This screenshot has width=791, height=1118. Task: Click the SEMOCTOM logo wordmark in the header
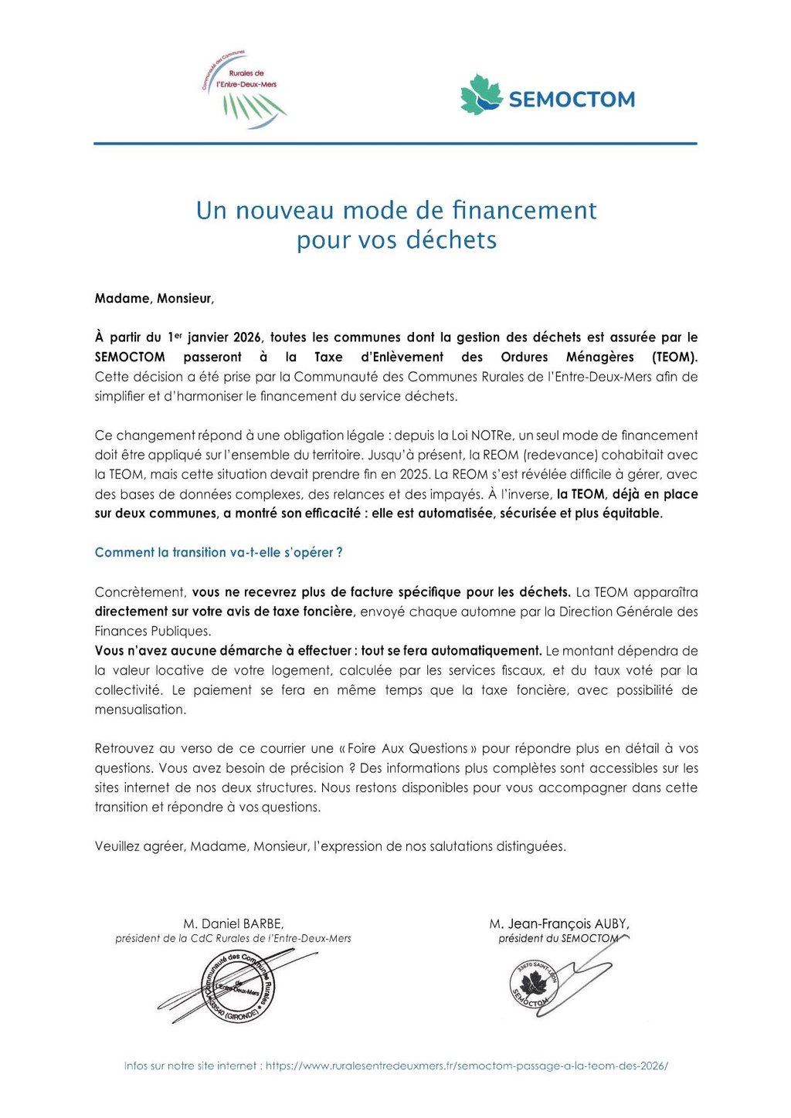click(x=572, y=100)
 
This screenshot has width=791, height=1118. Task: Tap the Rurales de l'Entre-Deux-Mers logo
click(x=244, y=90)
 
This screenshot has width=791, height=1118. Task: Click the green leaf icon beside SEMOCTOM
click(x=481, y=95)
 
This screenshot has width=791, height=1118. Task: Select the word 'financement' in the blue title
click(x=524, y=210)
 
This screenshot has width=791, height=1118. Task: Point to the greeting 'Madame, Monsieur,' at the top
click(x=154, y=299)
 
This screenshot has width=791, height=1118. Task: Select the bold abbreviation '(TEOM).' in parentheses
click(x=674, y=357)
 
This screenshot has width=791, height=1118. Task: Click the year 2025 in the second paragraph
click(x=414, y=474)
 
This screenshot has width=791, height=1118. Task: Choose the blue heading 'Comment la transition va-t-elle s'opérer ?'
click(x=219, y=553)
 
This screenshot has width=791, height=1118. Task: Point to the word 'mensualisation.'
click(x=141, y=710)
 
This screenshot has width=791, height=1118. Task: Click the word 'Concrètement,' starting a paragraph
click(x=140, y=592)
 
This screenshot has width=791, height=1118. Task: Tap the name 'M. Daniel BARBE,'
click(x=233, y=923)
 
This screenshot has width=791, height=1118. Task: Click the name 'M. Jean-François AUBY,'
click(x=559, y=923)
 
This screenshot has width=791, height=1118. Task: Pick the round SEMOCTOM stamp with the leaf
click(x=533, y=985)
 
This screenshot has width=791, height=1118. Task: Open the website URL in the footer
click(x=467, y=1066)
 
